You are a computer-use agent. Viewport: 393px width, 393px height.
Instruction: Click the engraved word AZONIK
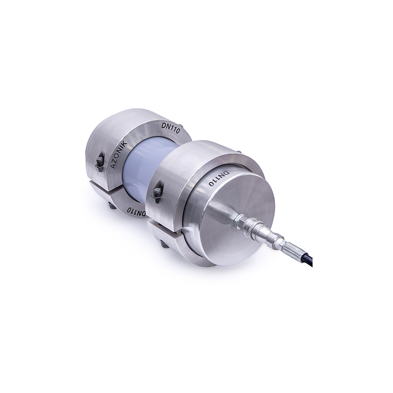click(119, 155)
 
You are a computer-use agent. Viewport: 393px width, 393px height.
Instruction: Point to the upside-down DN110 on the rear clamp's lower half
click(137, 211)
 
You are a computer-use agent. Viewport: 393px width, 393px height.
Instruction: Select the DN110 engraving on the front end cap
click(219, 179)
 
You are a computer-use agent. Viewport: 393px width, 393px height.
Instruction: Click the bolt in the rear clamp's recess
click(100, 163)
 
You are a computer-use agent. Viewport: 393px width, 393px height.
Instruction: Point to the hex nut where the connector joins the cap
click(239, 220)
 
